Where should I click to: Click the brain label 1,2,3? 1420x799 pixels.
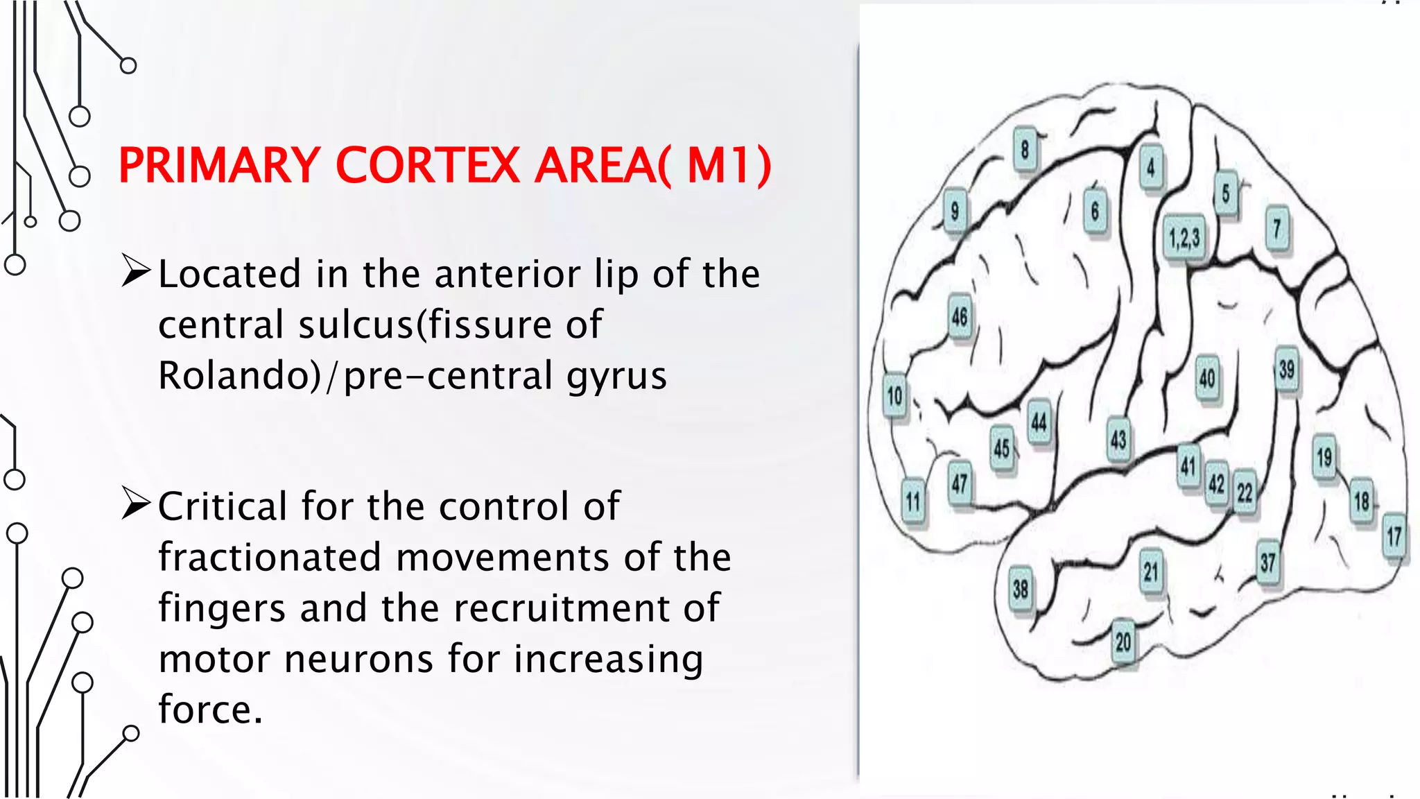point(1184,239)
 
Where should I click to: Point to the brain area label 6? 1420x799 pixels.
point(1096,211)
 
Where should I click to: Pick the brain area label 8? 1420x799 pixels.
point(1025,149)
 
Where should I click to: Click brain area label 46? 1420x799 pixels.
point(960,317)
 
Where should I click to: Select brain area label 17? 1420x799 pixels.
point(1394,536)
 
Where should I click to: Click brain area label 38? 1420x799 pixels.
point(1020,590)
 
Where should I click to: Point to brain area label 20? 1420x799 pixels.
point(1124,642)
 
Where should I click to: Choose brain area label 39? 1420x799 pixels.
point(1287,369)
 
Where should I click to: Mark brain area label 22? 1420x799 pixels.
point(1245,492)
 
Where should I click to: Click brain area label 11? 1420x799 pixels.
point(914,501)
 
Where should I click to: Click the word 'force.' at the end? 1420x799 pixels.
point(210,710)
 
